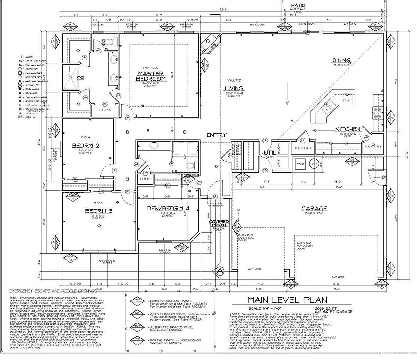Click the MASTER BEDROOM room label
151,76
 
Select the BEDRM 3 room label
99,211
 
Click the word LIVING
234,88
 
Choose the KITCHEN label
348,129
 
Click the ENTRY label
216,135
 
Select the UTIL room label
269,153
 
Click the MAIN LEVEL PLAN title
288,300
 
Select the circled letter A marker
219,270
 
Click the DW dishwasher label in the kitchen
346,101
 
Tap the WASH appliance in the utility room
282,151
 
